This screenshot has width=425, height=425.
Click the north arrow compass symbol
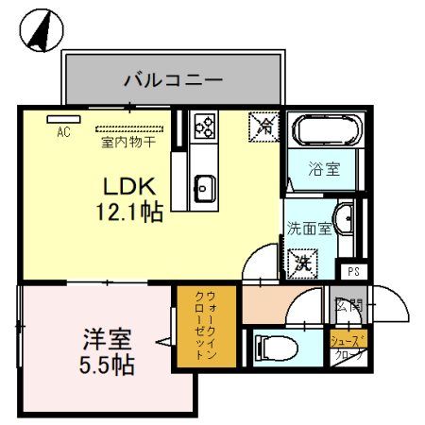pos(40,31)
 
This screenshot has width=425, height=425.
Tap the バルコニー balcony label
pos(173,79)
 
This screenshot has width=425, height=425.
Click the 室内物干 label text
pos(128,143)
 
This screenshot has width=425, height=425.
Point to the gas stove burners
pos(203,125)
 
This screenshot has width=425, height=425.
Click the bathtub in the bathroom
pos(323,130)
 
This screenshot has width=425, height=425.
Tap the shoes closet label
pos(348,348)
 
